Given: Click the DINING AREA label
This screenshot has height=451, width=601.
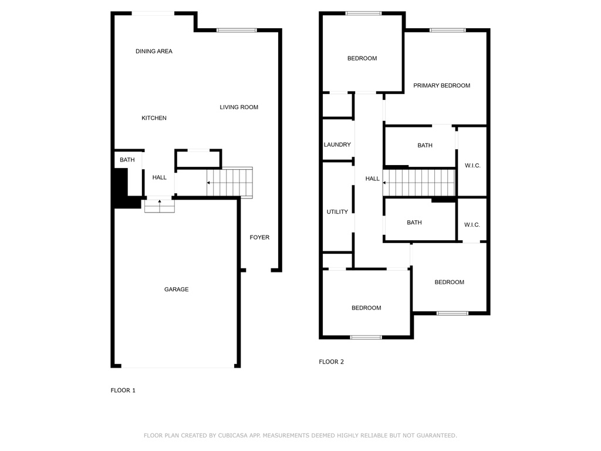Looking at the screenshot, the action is pos(154,51).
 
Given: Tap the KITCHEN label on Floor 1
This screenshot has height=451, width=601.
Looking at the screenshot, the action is pos(154,117).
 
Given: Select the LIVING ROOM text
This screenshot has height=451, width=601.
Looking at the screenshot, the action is pos(239,107).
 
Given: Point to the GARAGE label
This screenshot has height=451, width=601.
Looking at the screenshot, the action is pos(176,289).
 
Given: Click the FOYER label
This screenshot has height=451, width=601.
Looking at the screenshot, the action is pos(259,237).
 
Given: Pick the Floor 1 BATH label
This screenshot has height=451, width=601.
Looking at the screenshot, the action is pos(127,160).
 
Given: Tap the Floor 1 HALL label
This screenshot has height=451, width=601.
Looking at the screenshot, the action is pos(159,177).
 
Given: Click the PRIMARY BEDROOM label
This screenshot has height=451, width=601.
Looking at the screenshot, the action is pos(441,86).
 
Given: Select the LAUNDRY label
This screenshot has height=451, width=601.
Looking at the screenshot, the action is pos(337,144).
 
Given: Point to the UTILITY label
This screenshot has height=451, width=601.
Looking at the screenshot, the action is pos(337,211).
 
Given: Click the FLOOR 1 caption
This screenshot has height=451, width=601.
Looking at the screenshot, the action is pos(123,391).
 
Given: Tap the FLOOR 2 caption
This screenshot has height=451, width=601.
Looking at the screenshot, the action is pos(331,362).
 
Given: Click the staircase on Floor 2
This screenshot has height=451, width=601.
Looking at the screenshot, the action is pos(419,183).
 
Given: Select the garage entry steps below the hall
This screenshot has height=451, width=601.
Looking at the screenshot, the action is pos(160,206).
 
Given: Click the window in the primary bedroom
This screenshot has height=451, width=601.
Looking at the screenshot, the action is pos(447,31).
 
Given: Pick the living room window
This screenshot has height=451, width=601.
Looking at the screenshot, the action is pos(237,31).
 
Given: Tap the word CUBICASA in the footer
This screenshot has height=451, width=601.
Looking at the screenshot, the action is pos(233,435).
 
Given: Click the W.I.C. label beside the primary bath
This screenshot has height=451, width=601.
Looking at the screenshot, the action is pos(472,165).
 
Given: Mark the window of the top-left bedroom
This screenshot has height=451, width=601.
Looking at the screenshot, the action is pos(363,14).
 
